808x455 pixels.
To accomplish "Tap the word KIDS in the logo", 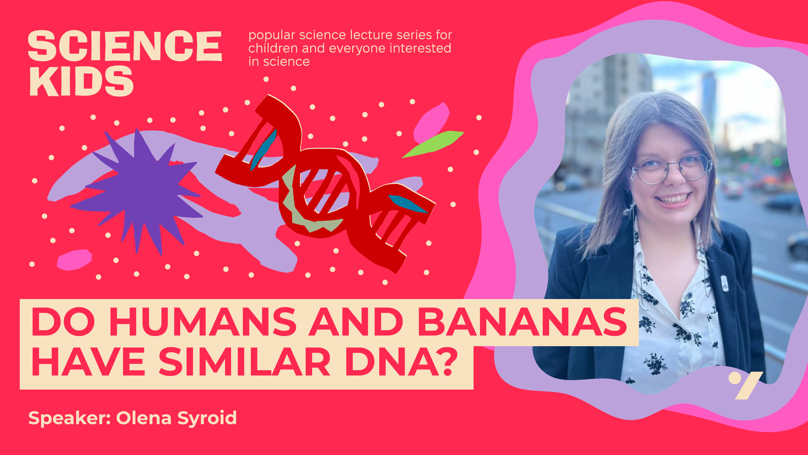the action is [81, 81].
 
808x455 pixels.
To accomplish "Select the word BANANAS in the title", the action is [522, 322].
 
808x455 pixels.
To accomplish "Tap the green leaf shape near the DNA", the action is [433, 144].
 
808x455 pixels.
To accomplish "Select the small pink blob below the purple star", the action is [74, 260].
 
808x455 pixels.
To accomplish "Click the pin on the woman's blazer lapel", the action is [724, 283].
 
